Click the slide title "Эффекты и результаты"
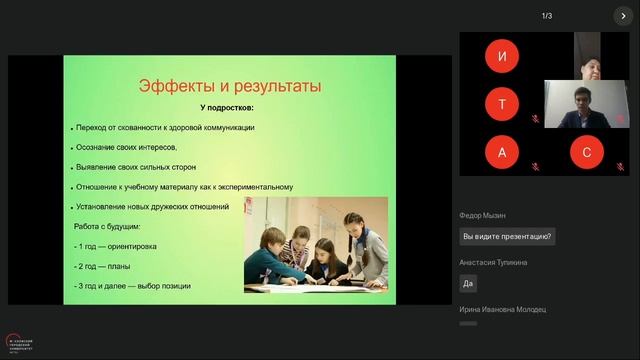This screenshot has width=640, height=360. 229,86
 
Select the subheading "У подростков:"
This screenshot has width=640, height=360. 226,107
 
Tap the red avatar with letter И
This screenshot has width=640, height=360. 501,56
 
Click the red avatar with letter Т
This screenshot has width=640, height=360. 501,104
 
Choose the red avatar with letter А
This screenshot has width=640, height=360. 501,152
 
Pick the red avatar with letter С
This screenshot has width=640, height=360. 586,152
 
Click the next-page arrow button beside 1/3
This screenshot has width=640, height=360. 623,16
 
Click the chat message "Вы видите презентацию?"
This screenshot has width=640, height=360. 507,237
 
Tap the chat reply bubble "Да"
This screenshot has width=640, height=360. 468,283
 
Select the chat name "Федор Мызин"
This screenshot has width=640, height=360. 483,215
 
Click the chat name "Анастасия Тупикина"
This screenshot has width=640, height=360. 493,262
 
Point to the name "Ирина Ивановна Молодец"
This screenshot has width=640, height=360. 503,310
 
